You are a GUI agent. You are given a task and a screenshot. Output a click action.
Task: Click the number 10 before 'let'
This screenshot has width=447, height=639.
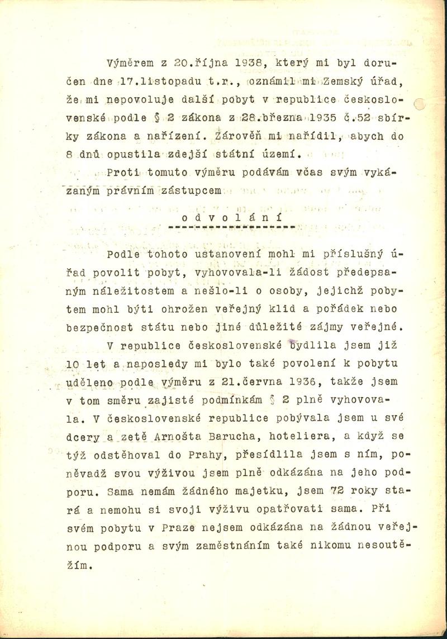point(88,365)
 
